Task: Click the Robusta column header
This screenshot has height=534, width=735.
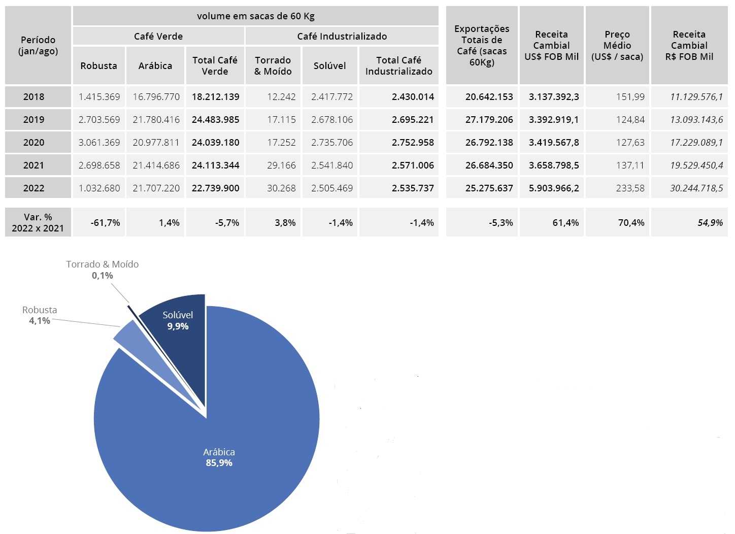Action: tap(98, 65)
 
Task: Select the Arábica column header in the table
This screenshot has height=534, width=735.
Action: tap(155, 65)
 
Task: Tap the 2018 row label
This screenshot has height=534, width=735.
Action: tap(34, 96)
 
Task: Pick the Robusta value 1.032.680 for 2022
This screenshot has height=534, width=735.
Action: tap(99, 188)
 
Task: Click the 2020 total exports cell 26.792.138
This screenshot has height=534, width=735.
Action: tap(489, 142)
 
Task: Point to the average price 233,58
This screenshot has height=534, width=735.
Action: tap(630, 188)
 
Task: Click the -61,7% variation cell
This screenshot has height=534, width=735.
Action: tap(105, 222)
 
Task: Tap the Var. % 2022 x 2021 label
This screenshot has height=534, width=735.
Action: tap(38, 222)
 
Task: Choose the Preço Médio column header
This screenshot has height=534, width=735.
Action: tap(617, 45)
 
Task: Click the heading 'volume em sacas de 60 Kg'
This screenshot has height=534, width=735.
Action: tap(256, 16)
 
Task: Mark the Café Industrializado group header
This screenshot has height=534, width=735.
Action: tap(342, 36)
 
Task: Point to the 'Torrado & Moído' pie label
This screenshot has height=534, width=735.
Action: tap(102, 264)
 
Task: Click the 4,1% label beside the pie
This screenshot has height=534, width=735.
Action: tap(40, 321)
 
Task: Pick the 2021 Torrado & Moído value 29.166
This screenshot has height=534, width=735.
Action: tap(281, 165)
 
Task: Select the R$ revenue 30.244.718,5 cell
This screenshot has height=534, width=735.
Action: tap(696, 188)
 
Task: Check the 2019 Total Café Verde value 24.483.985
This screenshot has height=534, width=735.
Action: tap(215, 119)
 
